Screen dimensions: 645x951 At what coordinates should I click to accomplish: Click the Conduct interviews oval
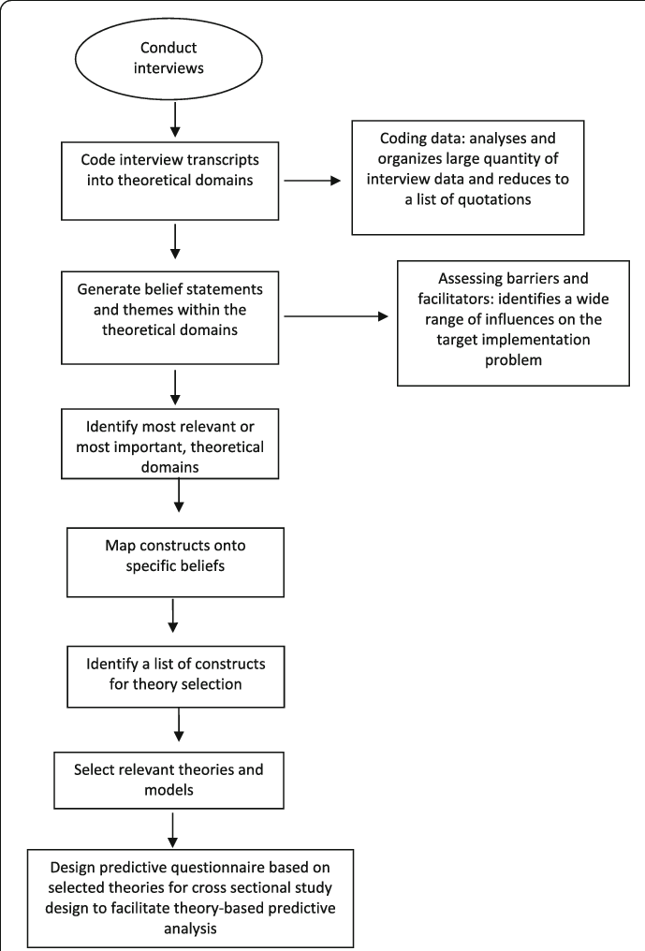[169, 59]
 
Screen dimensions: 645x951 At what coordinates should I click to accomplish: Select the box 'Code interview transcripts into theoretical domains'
[169, 181]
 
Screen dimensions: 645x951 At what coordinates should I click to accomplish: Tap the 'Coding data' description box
[468, 177]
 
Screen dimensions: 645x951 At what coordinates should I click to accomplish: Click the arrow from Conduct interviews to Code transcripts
[175, 119]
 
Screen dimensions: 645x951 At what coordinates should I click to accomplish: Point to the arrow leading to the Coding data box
[313, 180]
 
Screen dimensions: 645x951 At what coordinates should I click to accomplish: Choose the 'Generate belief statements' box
[169, 318]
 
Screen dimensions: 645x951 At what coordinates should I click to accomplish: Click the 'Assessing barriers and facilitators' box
[513, 323]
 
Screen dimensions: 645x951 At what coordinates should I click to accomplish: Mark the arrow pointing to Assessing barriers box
[335, 316]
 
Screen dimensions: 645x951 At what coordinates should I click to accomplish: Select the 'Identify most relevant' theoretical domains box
[169, 444]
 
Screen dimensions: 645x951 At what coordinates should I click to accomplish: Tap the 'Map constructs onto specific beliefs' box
[175, 563]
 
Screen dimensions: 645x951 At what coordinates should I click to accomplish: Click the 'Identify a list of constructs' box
[175, 676]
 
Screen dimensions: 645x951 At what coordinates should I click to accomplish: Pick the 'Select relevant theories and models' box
[169, 781]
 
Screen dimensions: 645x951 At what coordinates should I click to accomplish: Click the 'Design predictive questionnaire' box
[190, 899]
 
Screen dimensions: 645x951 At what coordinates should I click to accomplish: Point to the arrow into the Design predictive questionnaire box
[173, 830]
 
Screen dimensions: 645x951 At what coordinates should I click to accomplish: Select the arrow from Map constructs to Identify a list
[173, 616]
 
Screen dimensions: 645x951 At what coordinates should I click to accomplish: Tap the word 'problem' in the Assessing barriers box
[513, 360]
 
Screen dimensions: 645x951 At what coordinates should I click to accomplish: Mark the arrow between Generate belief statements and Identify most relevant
[175, 387]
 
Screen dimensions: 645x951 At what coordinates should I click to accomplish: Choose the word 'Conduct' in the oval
[169, 48]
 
